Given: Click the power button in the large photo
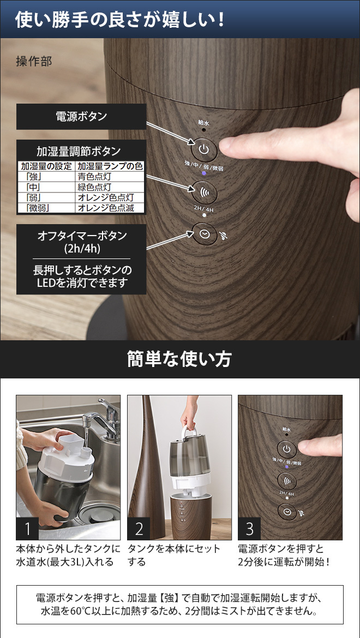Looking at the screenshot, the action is point(204,150).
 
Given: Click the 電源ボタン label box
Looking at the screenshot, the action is point(81,116).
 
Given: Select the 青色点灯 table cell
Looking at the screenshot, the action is point(110,177).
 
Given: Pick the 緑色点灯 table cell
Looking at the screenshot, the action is point(110,187).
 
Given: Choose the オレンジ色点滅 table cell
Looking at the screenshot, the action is point(110,208).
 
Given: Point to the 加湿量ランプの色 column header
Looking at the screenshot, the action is point(110,166).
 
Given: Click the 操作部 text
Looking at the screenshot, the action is point(34,62).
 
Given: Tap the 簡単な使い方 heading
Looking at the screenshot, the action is point(179,359).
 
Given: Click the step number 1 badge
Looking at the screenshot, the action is point(27,528).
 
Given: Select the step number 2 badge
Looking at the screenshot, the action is point(139,528).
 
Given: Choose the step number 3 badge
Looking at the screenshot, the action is point(249,528).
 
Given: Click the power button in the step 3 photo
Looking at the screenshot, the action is point(287,449).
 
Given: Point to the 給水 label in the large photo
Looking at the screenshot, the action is point(203,122).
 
